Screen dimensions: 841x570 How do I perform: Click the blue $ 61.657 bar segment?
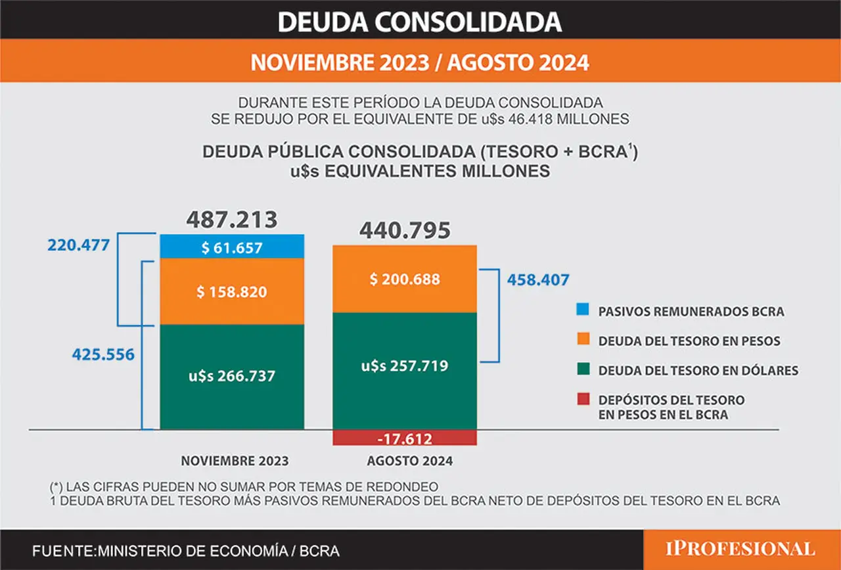pos(232,246)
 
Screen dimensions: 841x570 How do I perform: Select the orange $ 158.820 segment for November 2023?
pos(232,291)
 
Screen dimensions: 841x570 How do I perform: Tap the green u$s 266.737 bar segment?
pos(232,377)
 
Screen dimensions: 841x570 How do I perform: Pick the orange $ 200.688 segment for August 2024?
pos(405,279)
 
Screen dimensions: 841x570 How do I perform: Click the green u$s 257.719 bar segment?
pos(405,371)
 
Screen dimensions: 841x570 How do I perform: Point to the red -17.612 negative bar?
pos(405,438)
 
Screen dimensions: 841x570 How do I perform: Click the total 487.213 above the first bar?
pos(232,220)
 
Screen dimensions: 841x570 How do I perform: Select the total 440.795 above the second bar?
pos(405,230)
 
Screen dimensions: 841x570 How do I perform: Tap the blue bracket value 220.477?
pos(78,245)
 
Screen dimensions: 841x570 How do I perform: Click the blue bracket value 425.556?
pos(103,354)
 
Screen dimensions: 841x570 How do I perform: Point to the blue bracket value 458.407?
pos(538,280)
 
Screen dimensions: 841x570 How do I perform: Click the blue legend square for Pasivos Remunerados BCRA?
pos(583,309)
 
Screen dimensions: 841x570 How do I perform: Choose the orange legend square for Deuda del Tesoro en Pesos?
pos(583,339)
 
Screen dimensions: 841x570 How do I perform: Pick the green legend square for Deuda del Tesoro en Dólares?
pos(583,369)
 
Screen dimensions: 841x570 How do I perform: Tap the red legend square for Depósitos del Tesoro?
pos(583,398)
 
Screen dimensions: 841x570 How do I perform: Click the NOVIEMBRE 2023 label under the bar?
pos(235,461)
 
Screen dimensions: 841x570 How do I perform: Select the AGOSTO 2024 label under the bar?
pos(410,461)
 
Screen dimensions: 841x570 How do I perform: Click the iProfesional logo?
pos(740,550)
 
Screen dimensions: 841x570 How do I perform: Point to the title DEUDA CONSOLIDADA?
pos(420,22)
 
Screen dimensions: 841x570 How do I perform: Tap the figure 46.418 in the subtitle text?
pos(530,119)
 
